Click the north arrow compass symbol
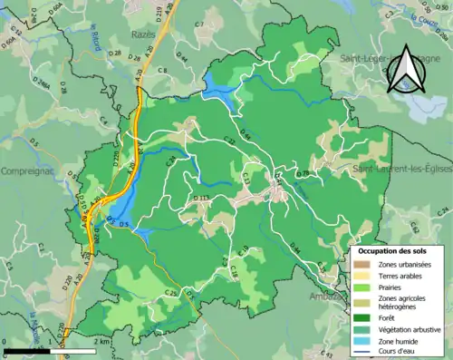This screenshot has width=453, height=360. click(x=406, y=71)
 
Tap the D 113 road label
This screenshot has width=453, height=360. click(x=200, y=197)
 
